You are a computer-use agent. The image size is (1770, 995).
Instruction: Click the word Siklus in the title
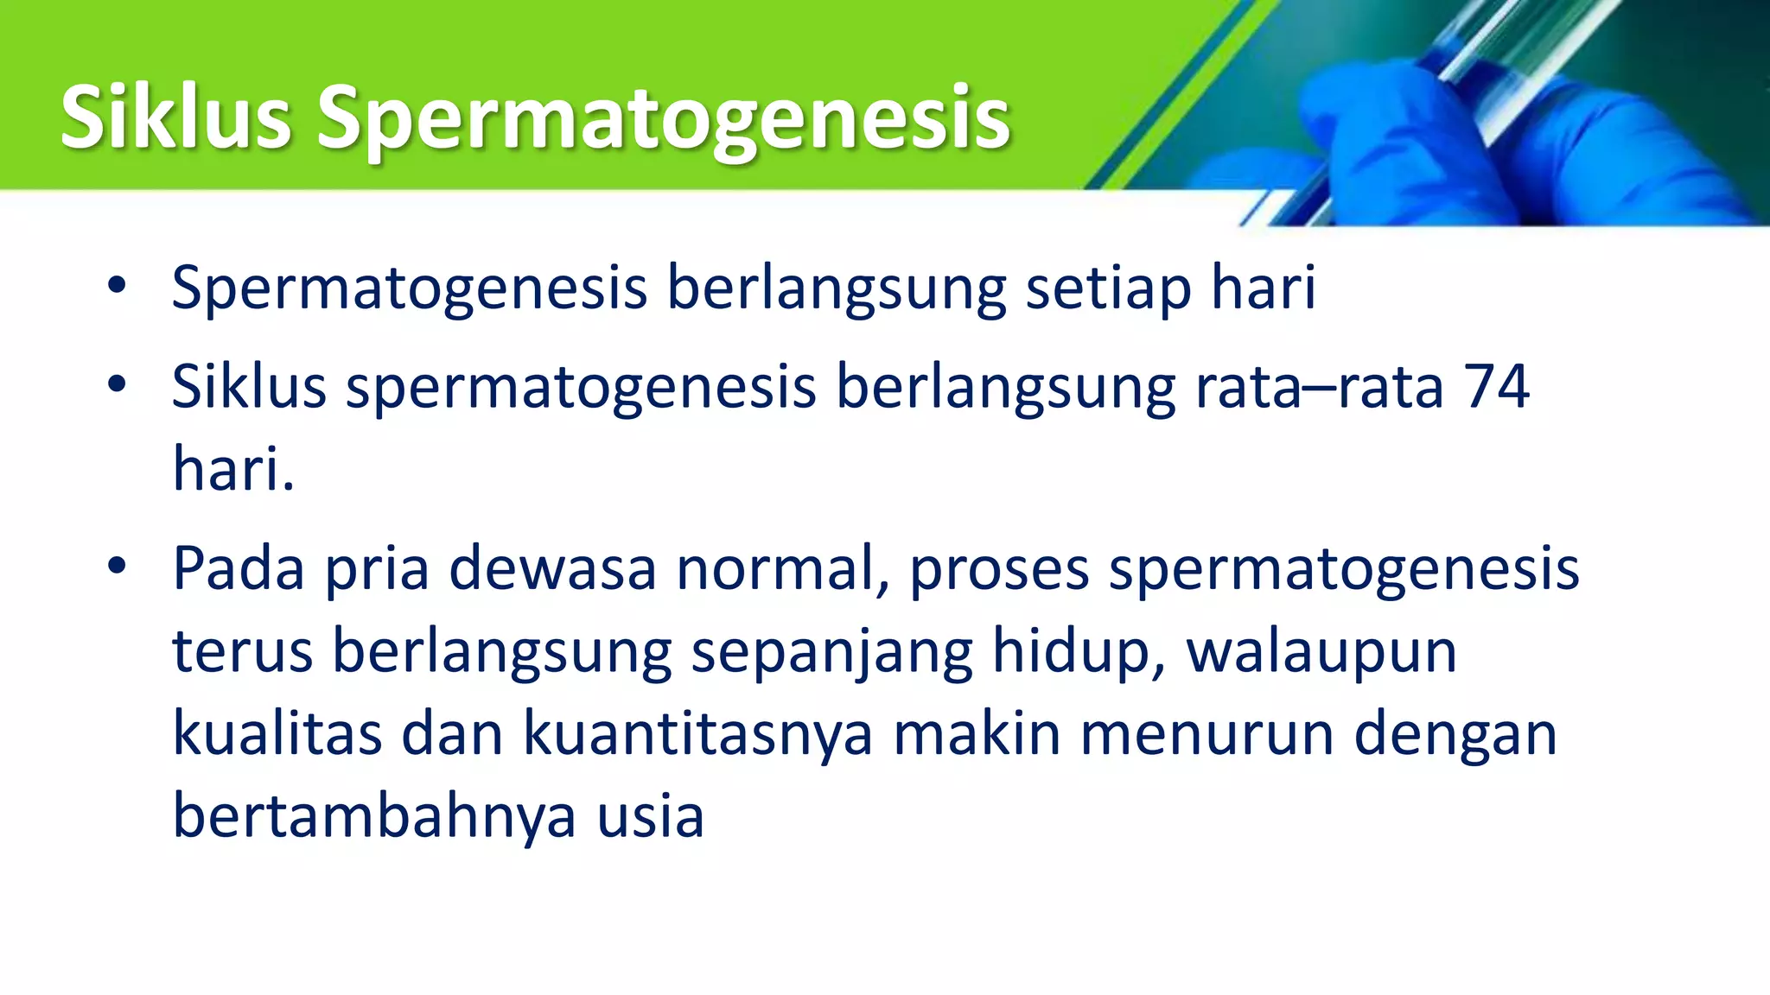point(175,118)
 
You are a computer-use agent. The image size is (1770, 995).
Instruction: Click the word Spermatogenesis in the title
point(663,121)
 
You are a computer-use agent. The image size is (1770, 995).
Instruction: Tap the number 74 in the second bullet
point(1497,386)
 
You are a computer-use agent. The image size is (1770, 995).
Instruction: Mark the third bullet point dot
point(118,567)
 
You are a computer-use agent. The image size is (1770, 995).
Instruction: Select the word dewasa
point(552,568)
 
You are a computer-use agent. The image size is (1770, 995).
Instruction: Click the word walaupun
point(1321,652)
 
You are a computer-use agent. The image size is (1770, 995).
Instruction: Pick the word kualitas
point(277,733)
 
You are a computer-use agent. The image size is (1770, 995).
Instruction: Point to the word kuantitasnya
point(697,735)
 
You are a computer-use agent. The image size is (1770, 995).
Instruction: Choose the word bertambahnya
point(373,816)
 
